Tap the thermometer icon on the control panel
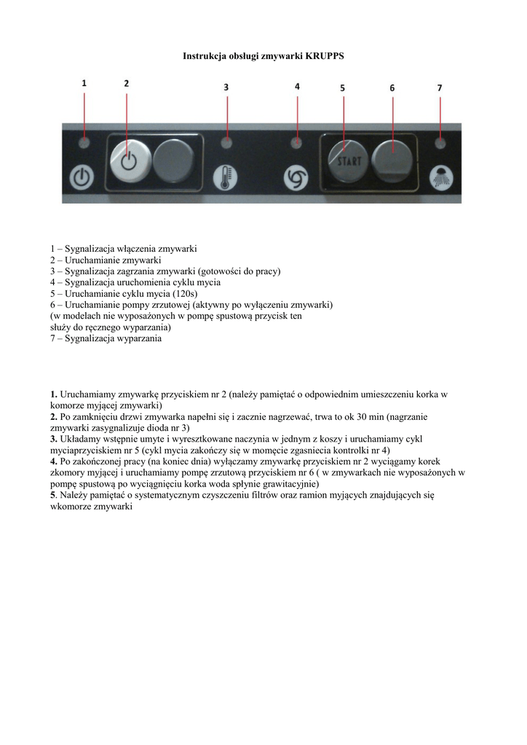click(225, 177)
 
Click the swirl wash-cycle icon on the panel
click(296, 177)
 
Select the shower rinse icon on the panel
click(440, 178)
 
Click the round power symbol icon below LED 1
click(83, 178)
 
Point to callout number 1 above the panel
click(84, 84)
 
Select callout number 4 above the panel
click(297, 87)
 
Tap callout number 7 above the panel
click(440, 87)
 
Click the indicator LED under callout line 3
click(226, 142)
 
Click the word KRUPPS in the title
click(325, 56)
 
